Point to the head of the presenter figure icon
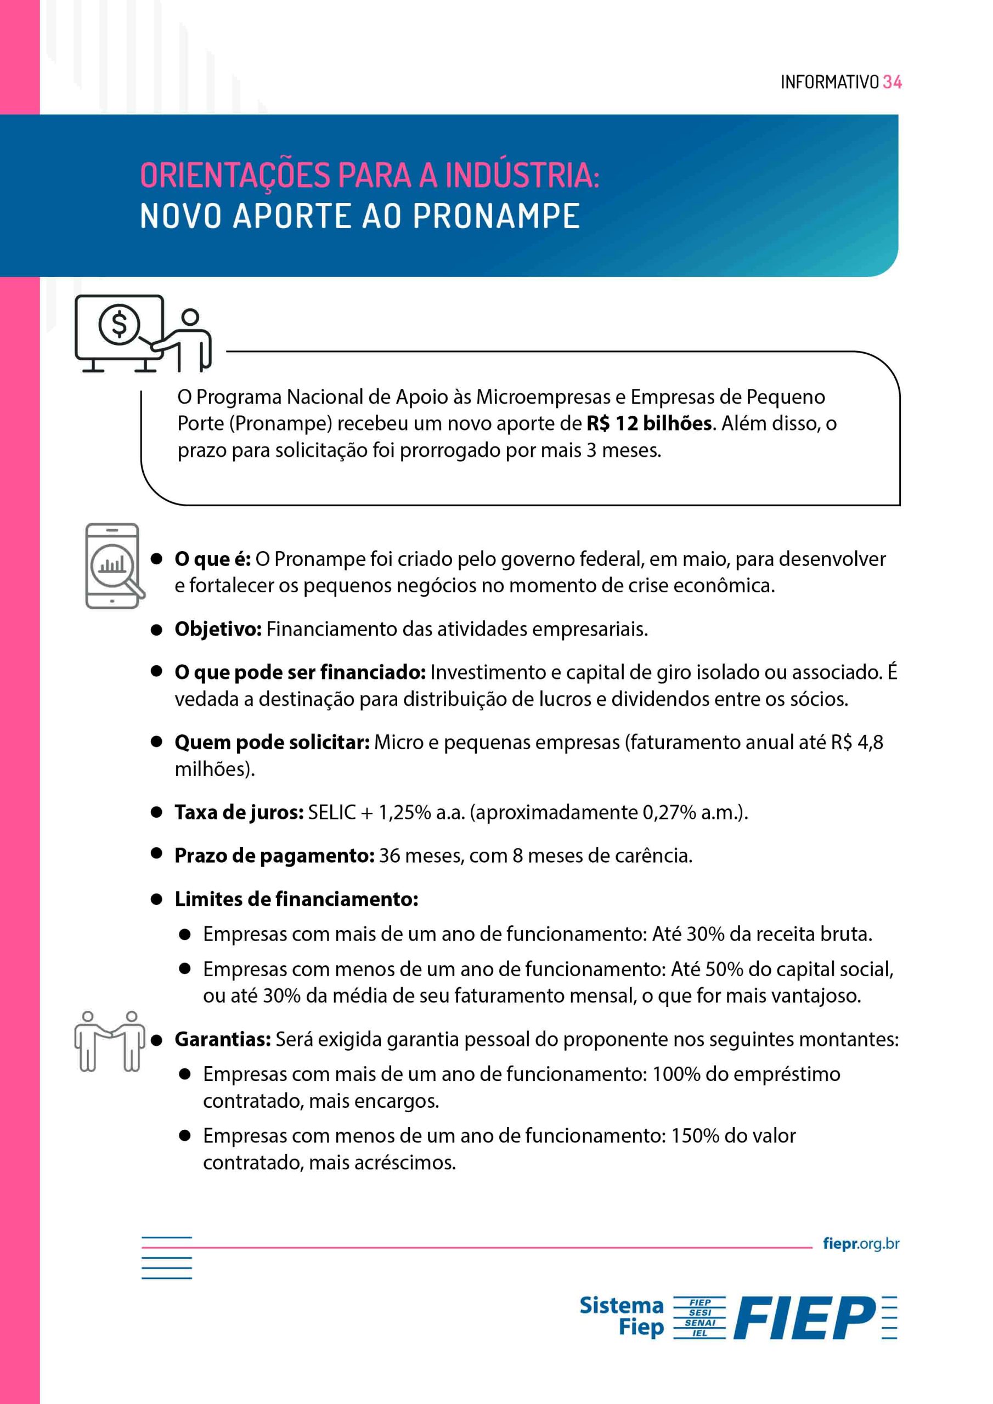(x=190, y=317)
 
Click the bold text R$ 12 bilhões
(x=649, y=423)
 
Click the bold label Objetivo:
(x=218, y=629)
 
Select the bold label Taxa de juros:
(x=239, y=812)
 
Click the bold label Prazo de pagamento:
(x=274, y=856)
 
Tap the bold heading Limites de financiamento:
(x=296, y=899)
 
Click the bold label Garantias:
(x=222, y=1039)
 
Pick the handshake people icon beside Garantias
(x=110, y=1041)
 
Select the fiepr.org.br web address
(x=861, y=1243)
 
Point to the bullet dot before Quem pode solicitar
(x=156, y=741)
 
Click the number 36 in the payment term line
(x=389, y=856)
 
